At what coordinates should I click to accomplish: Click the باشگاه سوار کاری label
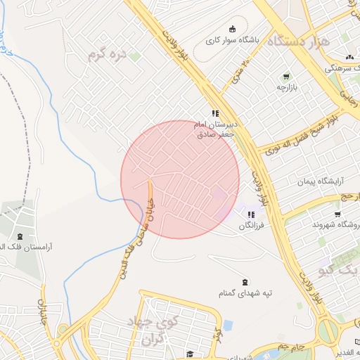(233, 41)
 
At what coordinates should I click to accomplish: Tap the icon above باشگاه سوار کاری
(233, 28)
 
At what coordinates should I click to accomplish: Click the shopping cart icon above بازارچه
(286, 77)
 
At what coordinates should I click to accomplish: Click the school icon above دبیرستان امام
(216, 112)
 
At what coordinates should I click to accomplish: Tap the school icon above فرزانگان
(252, 214)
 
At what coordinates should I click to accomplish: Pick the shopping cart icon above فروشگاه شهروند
(338, 214)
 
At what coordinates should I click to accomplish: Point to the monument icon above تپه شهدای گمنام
(244, 281)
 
